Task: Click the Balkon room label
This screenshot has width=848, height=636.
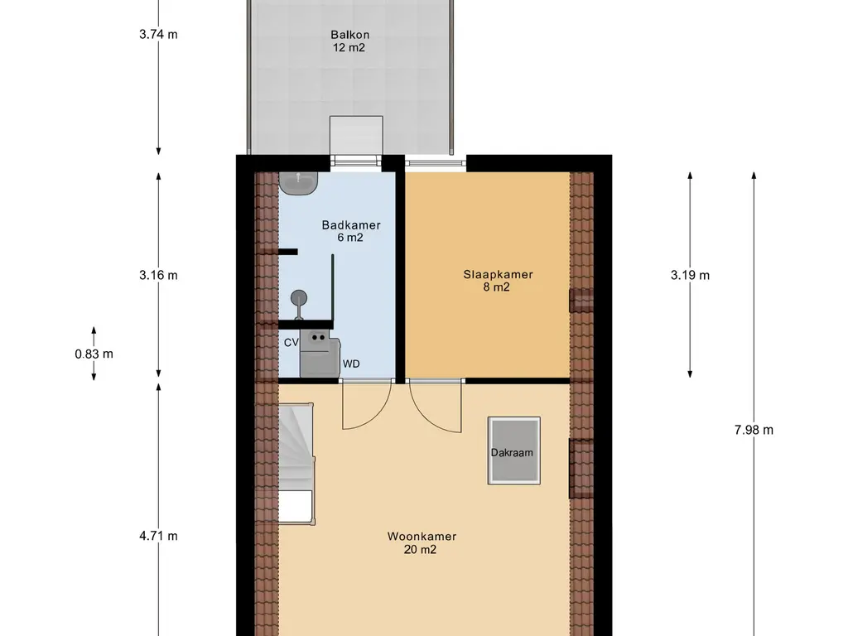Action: pos(349,41)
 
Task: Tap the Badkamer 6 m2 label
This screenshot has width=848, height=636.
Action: pos(351,231)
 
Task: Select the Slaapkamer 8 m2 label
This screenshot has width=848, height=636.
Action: pos(498,281)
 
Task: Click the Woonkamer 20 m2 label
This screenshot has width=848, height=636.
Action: pos(422,543)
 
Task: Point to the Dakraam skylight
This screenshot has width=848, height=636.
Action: pos(513,450)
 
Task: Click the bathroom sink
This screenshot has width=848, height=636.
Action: pos(298,183)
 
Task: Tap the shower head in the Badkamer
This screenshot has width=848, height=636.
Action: pos(298,298)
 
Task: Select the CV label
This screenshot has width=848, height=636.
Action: pos(291,342)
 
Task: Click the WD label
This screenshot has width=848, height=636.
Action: pos(351,364)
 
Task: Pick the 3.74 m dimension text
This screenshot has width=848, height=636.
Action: pos(158,34)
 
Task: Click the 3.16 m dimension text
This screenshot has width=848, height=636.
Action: pos(158,275)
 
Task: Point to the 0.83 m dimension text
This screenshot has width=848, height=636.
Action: pos(94,354)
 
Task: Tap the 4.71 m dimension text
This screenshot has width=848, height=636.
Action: pos(158,536)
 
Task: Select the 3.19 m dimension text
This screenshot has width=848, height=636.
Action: pos(690,275)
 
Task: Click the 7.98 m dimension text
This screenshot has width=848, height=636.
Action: pos(754,430)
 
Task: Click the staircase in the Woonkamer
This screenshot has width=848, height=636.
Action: pos(296,463)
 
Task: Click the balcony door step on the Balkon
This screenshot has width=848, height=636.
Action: pos(356,135)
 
